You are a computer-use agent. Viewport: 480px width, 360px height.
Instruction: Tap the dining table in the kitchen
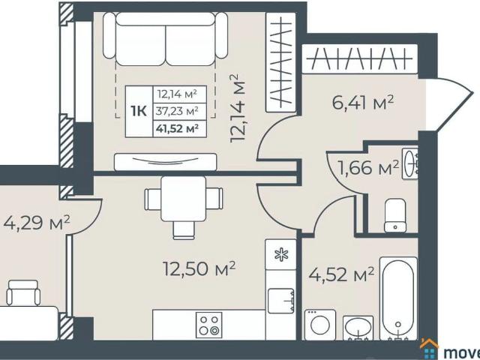[x=184, y=199]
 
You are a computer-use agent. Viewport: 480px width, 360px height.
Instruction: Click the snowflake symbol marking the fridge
[x=281, y=254]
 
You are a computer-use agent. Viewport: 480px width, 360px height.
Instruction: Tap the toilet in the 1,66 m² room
[x=394, y=216]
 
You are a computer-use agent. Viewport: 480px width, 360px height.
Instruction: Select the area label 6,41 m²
[x=363, y=103]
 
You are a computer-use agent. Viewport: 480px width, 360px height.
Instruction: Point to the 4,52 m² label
[x=341, y=275]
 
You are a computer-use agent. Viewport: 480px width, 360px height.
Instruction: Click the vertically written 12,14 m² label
[x=239, y=108]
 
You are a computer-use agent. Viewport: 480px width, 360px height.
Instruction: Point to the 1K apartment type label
[x=138, y=111]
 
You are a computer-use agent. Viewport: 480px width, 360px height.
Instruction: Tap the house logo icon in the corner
[x=429, y=349]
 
